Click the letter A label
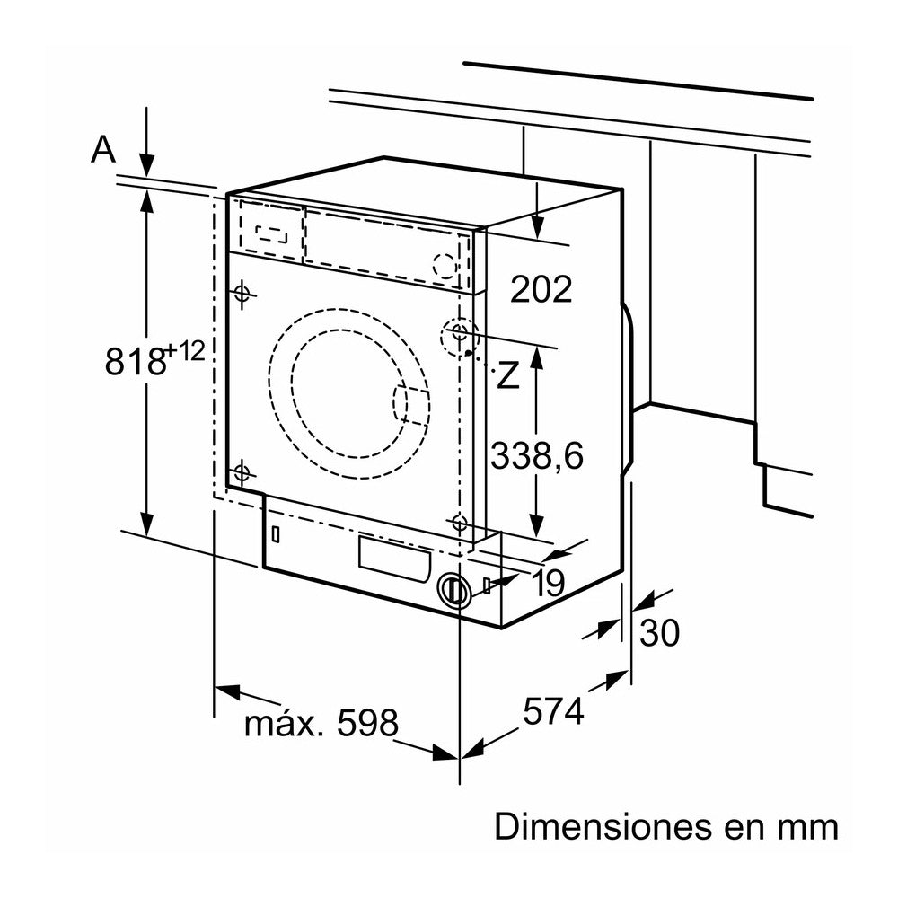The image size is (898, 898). pos(104,150)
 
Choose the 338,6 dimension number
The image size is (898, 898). pos(537,456)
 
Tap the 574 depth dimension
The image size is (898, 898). pos(553,712)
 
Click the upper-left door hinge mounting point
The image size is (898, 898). pos(241,293)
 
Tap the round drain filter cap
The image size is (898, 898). pos(454,590)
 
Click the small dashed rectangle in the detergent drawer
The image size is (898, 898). pos(272,232)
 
